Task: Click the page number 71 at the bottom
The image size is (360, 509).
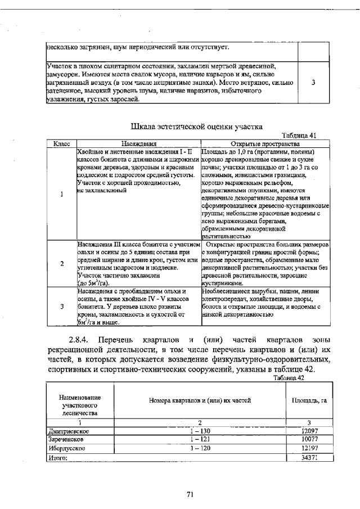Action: (x=190, y=494)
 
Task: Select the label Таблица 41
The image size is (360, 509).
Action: (x=300, y=136)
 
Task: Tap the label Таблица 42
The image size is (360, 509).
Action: (x=288, y=378)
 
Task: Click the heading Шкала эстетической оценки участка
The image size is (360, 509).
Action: (x=196, y=126)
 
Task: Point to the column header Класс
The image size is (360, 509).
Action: (x=61, y=144)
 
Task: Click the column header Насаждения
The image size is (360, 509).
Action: (x=138, y=144)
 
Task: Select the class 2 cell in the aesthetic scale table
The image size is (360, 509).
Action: (x=61, y=264)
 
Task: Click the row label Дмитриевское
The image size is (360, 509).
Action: (x=69, y=430)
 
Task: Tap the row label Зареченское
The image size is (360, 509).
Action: (x=66, y=439)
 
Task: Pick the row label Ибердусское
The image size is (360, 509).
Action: (x=66, y=448)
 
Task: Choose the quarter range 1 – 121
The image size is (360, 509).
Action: (x=199, y=439)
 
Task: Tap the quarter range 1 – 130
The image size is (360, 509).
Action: (x=199, y=430)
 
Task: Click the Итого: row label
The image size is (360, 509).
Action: (x=56, y=458)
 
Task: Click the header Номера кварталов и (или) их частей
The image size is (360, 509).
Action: (x=199, y=400)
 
